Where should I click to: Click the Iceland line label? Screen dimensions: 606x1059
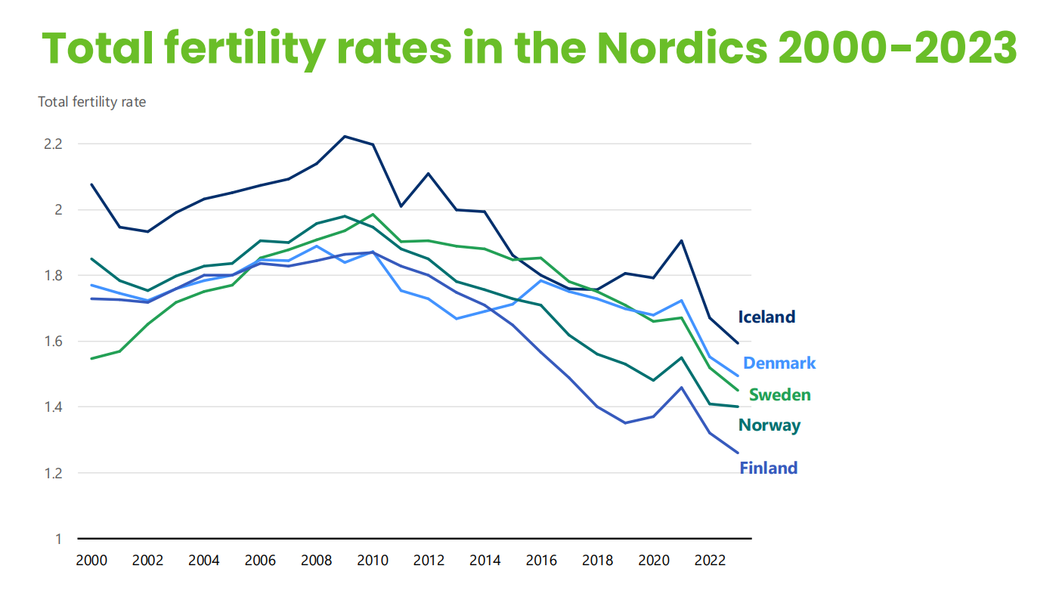tap(766, 317)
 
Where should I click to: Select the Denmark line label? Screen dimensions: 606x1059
tap(779, 363)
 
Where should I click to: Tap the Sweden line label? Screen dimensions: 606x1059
tap(779, 395)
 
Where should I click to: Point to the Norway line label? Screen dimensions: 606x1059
tap(769, 425)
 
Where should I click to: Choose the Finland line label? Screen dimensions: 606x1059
tap(768, 468)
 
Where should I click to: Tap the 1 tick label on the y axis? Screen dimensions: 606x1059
tap(57, 540)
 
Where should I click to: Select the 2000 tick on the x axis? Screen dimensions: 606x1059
tap(91, 561)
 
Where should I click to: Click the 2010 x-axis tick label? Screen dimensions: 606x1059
tap(372, 561)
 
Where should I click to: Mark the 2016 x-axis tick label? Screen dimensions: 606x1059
tap(540, 561)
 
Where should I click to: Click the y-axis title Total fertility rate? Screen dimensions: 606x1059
tap(91, 102)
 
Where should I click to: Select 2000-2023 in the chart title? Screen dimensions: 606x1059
tap(896, 47)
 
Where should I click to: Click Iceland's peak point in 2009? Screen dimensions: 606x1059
tap(344, 137)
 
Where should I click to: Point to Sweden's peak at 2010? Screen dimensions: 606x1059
tap(372, 215)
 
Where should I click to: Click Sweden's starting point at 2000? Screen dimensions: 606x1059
tap(91, 359)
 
